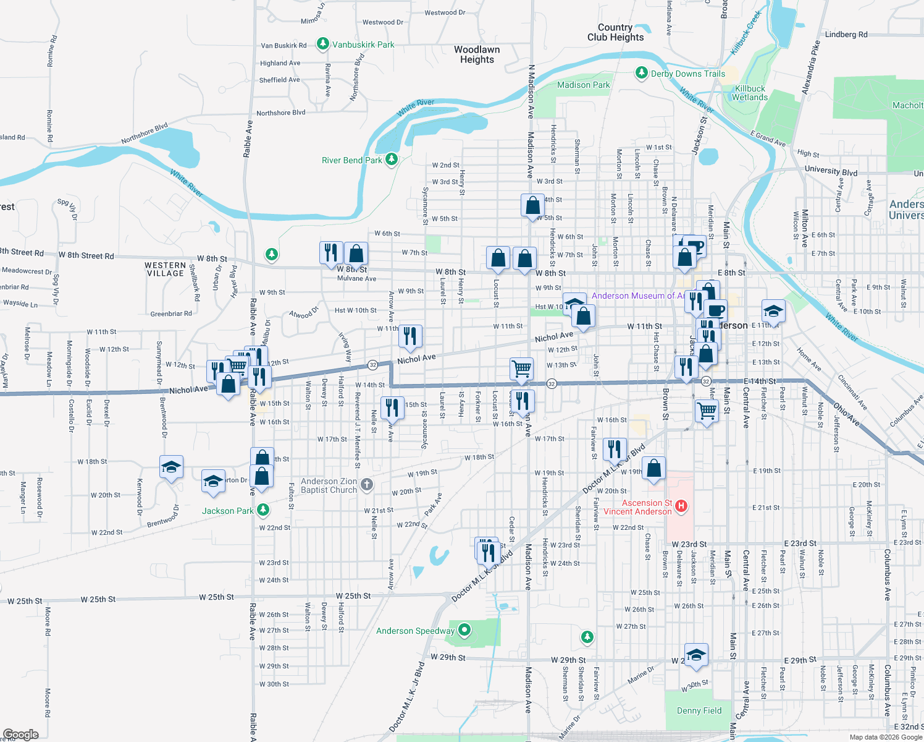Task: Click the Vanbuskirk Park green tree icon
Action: click(322, 44)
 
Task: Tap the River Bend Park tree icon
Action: click(391, 160)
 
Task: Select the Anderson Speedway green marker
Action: click(464, 631)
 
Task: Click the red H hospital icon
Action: click(681, 506)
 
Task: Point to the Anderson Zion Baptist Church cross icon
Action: click(367, 484)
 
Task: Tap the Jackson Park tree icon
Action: click(263, 510)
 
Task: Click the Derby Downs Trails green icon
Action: click(642, 73)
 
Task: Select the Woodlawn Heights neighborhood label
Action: click(477, 54)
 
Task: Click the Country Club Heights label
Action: click(615, 32)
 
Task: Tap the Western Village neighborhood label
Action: click(165, 269)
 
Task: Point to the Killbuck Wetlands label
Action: click(750, 93)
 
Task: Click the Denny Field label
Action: click(699, 710)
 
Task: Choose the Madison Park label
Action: click(583, 85)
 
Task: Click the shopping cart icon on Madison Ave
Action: click(522, 369)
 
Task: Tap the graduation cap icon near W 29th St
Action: click(696, 655)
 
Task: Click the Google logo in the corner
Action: click(20, 734)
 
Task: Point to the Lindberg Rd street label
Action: click(846, 35)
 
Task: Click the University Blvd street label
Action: click(831, 171)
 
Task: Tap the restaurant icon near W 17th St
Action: click(614, 449)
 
